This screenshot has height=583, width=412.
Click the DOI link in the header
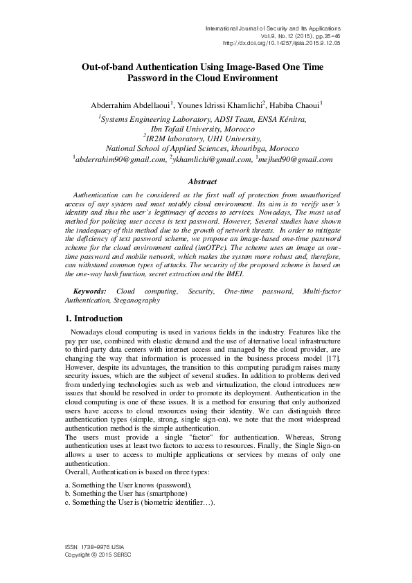coord(291,42)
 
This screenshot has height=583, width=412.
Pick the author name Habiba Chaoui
coord(295,105)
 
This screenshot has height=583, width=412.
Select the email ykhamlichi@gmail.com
coord(213,159)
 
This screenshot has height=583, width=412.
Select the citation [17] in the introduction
coord(332,361)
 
